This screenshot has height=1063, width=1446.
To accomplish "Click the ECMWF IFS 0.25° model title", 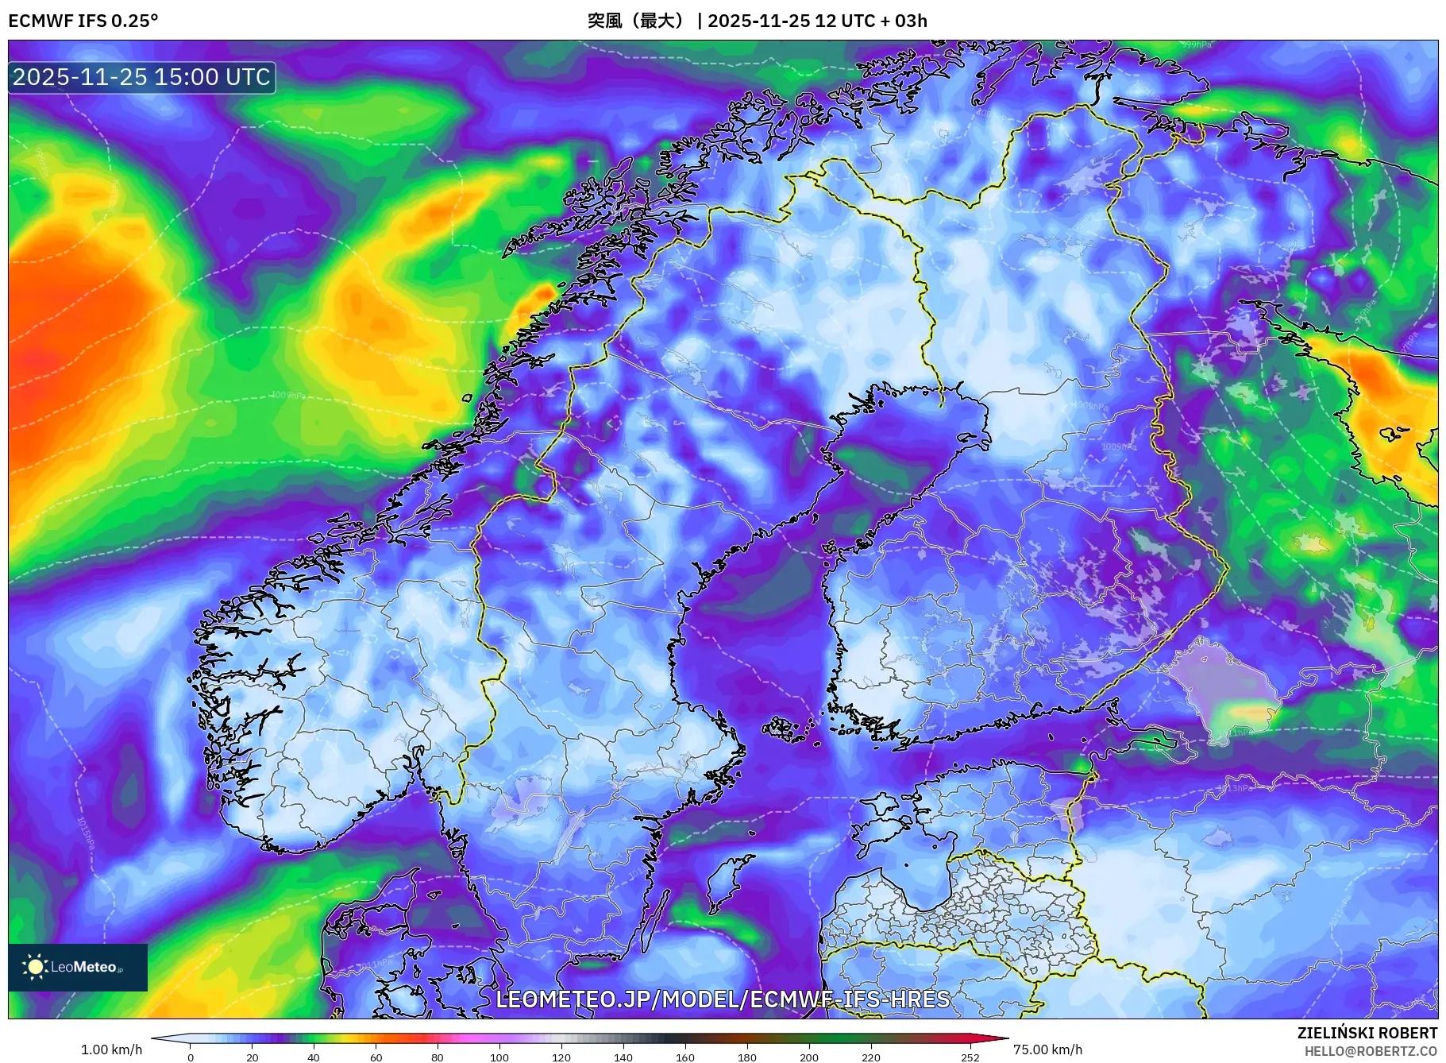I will [x=83, y=21].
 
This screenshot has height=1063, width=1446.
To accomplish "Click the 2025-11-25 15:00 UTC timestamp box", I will [x=141, y=77].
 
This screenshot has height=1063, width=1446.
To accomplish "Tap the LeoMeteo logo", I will [x=78, y=967].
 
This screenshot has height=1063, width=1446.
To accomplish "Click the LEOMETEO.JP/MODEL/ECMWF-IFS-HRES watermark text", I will [x=722, y=999].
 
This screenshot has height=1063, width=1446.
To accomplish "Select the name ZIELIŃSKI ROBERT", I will [x=1367, y=1033].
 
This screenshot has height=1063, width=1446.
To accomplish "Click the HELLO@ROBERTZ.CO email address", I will [x=1370, y=1051].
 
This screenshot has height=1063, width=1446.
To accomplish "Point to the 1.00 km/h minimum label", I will [x=111, y=1049].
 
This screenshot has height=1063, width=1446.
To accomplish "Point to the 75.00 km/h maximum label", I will [x=1047, y=1049].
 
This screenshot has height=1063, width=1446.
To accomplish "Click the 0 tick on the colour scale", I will [x=190, y=1057].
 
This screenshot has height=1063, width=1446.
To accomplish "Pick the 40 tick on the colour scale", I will [x=314, y=1057].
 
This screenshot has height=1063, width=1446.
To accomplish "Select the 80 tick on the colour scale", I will [x=437, y=1057].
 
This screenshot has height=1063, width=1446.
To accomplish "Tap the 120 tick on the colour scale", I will [x=561, y=1057].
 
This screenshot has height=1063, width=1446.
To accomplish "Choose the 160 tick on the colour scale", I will [x=684, y=1057].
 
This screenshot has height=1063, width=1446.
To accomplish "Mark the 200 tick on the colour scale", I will [x=808, y=1057].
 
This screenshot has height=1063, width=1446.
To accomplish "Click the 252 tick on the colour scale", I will [x=970, y=1057].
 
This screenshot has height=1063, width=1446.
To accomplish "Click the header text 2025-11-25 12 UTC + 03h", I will [x=817, y=21].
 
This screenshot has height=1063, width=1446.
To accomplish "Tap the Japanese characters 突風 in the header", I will [x=604, y=21].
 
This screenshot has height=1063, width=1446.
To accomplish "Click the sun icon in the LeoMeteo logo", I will [x=35, y=967].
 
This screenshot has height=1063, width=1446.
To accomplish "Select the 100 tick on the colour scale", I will [x=499, y=1057].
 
